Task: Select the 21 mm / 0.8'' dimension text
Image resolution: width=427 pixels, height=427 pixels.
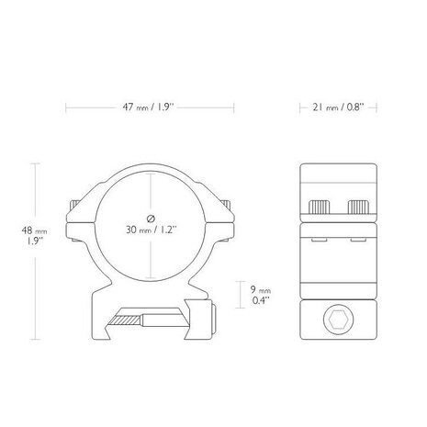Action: coord(338,107)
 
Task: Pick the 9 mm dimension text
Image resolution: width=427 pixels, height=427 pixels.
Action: coord(261,291)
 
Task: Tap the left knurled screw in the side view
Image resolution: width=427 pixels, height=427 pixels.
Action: coord(320,207)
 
